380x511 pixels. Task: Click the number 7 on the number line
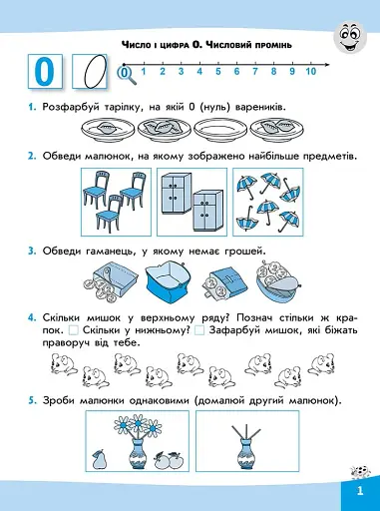pyautogui.click(x=255, y=71)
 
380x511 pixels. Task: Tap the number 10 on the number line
pyautogui.click(x=310, y=71)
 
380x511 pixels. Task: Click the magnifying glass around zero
pyautogui.click(x=127, y=75)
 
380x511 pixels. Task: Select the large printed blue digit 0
pyautogui.click(x=44, y=72)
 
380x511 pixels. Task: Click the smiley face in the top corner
pyautogui.click(x=350, y=37)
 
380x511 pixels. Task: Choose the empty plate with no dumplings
pyautogui.click(x=220, y=130)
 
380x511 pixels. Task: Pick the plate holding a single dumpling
pyautogui.click(x=108, y=130)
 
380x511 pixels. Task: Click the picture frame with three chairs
pyautogui.click(x=116, y=202)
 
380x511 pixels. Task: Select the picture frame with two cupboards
pyautogui.click(x=191, y=202)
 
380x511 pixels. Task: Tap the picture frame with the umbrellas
pyautogui.click(x=268, y=202)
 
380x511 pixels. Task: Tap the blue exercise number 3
pyautogui.click(x=32, y=252)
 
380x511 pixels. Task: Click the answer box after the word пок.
pyautogui.click(x=74, y=330)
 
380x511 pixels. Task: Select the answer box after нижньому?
pyautogui.click(x=199, y=330)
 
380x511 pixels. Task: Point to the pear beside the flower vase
pyautogui.click(x=99, y=460)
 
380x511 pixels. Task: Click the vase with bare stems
pyautogui.click(x=246, y=446)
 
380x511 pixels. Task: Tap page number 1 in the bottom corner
pyautogui.click(x=360, y=491)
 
